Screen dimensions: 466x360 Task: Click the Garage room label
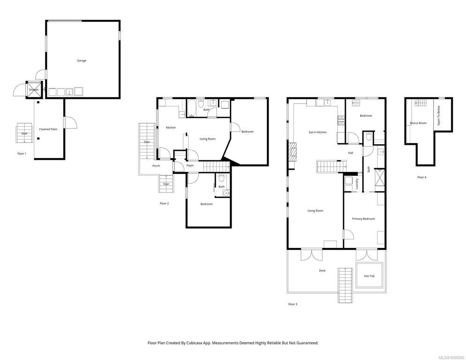(x=82, y=60)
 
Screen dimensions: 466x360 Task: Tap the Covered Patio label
(x=48, y=129)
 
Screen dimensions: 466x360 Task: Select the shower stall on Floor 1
(x=34, y=90)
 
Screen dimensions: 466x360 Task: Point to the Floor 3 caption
(x=293, y=304)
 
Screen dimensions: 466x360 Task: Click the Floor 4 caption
(x=422, y=177)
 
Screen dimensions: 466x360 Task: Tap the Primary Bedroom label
(x=363, y=219)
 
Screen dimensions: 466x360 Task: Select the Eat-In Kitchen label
(x=318, y=132)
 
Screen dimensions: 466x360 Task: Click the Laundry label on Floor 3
(x=357, y=184)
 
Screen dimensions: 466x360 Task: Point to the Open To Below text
(x=438, y=116)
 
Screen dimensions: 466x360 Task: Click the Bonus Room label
(x=418, y=123)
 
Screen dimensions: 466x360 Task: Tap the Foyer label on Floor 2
(x=190, y=165)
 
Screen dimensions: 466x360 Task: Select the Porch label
(x=156, y=166)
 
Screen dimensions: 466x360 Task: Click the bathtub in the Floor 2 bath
(x=191, y=108)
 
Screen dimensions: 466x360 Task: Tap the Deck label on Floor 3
(x=322, y=270)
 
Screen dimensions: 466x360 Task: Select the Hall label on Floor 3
(x=351, y=153)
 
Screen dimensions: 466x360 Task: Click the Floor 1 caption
(x=22, y=154)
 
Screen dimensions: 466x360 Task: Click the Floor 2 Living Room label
(x=207, y=139)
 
